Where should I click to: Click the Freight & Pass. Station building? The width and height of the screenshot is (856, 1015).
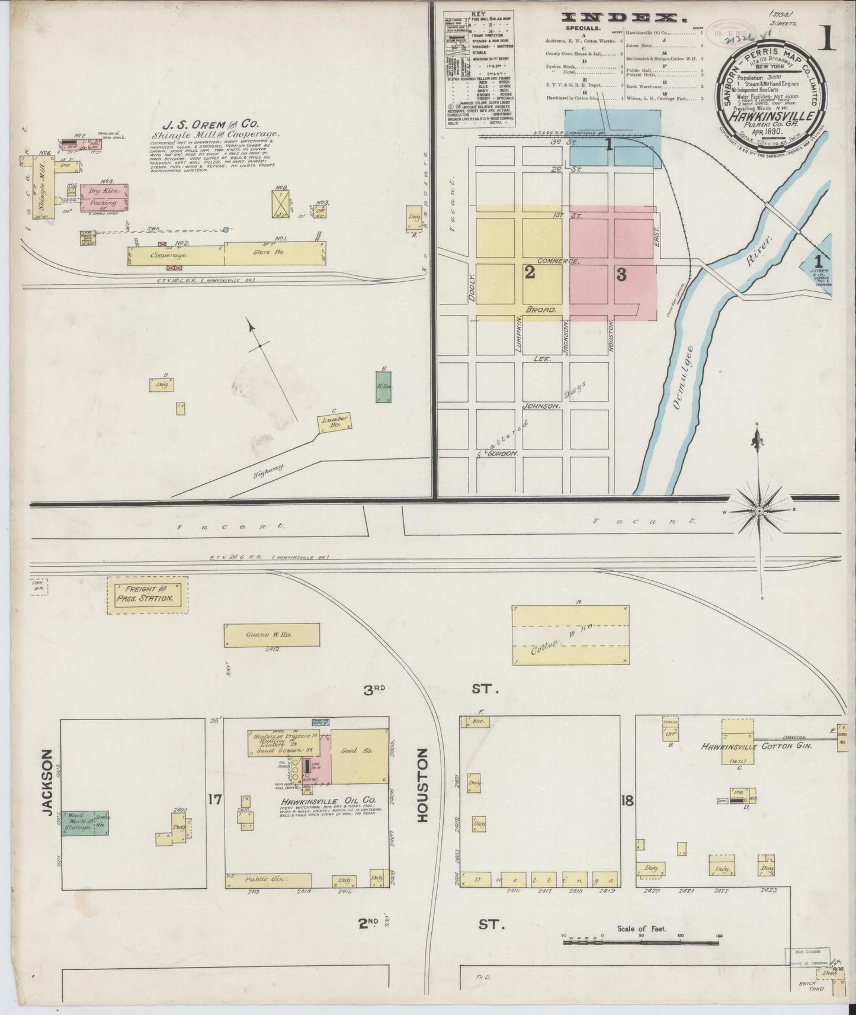click(x=148, y=595)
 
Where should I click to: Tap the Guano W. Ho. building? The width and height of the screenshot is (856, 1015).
click(x=272, y=635)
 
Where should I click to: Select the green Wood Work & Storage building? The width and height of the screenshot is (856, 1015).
click(x=85, y=823)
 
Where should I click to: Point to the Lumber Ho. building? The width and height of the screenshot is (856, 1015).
click(x=335, y=421)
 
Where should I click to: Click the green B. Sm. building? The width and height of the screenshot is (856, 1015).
click(x=383, y=387)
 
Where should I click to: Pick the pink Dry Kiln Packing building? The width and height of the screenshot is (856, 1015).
click(x=105, y=197)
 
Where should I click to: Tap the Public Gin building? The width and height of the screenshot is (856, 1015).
click(x=268, y=881)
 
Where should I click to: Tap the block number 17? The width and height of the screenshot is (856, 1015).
click(x=214, y=800)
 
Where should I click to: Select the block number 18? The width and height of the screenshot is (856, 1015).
click(x=627, y=801)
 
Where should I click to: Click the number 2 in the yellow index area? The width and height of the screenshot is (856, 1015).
click(x=530, y=272)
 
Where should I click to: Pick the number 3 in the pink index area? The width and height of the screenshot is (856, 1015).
click(x=621, y=274)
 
